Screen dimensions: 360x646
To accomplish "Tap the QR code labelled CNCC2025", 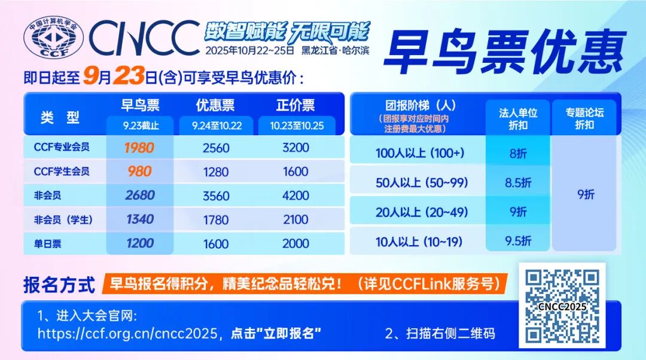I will (562, 305).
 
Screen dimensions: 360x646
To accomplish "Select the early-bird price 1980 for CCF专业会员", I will (140, 147).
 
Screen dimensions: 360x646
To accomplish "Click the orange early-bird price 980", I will (140, 171).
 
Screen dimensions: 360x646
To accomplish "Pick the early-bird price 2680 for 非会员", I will (140, 195).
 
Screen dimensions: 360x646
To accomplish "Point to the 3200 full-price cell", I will (295, 147).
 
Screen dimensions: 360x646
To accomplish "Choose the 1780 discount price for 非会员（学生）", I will (216, 219).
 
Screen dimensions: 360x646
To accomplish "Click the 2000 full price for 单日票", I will (295, 243).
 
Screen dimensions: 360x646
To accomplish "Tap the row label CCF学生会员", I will (62, 172).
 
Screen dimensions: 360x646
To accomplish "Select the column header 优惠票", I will (215, 106).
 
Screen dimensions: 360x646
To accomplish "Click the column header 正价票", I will (295, 106).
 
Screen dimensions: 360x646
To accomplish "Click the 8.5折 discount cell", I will (518, 183).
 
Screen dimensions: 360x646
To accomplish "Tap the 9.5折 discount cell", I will (518, 240).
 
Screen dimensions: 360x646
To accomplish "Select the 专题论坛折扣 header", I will (584, 118).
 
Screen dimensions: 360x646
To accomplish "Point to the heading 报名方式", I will (59, 285).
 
